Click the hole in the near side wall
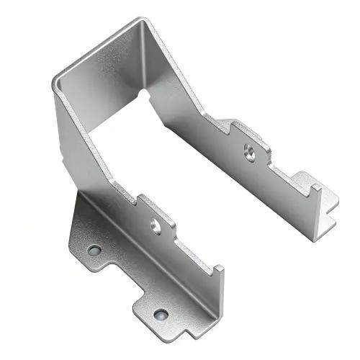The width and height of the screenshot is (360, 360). [x=155, y=224]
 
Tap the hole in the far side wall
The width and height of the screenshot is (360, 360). [x=249, y=150]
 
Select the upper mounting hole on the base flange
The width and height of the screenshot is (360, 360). [x=94, y=251]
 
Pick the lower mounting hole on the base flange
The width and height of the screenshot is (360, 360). [x=160, y=314]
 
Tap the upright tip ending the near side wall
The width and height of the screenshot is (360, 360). [x=217, y=272]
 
